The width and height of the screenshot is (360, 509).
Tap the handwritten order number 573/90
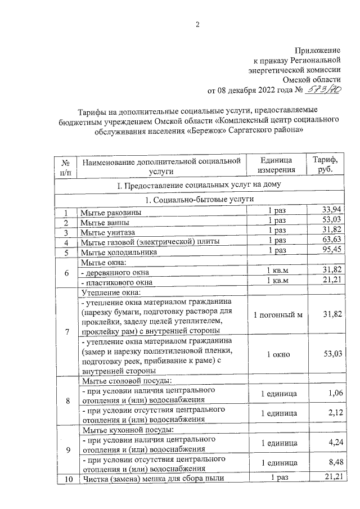pyautogui.click(x=325, y=89)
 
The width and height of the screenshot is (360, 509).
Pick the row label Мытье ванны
pyautogui.click(x=105, y=223)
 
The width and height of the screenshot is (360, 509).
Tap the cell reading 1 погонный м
pyautogui.click(x=277, y=314)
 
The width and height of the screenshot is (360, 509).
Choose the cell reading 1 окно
pyautogui.click(x=277, y=355)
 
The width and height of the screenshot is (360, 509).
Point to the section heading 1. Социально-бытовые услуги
pyautogui.click(x=199, y=200)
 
